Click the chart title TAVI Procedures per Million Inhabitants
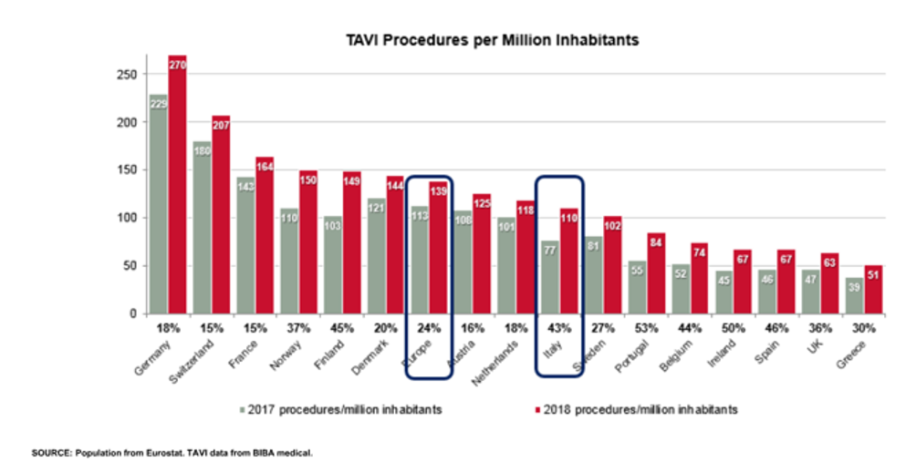click(492, 40)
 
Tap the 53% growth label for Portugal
click(649, 328)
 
